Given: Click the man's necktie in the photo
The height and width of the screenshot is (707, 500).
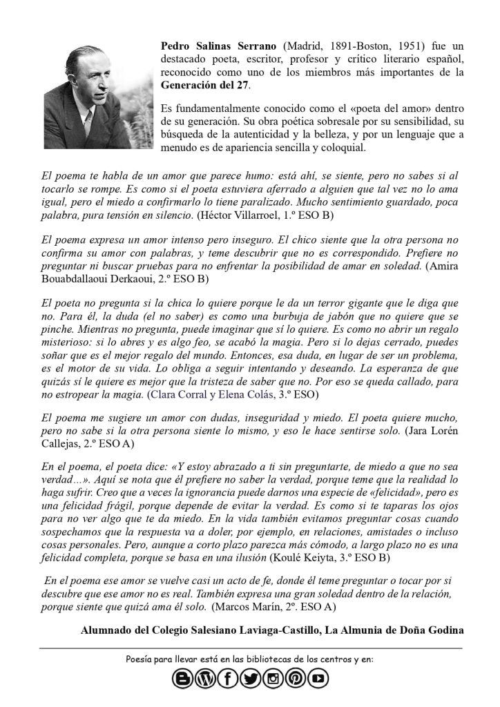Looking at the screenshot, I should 88,125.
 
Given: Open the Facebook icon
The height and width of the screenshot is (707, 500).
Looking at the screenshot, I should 227,679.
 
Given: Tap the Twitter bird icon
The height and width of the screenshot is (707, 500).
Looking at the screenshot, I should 250,679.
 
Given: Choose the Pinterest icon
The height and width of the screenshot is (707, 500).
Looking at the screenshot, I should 295,679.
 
